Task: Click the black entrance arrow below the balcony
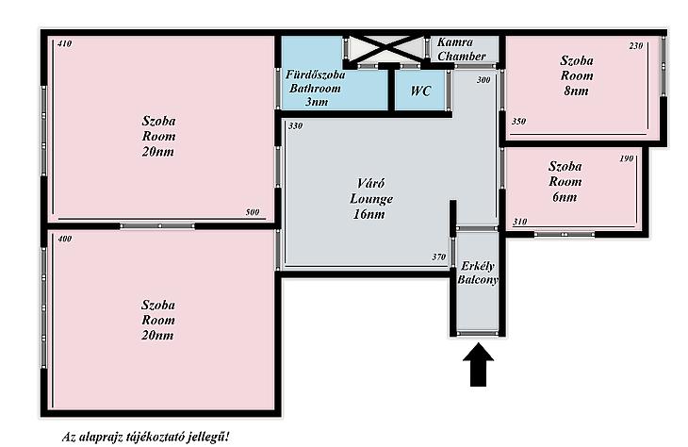478,365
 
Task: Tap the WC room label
420,91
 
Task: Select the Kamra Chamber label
461,49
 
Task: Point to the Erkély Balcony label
478,273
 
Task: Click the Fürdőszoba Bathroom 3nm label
315,88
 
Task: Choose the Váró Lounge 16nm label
370,199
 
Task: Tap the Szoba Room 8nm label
577,75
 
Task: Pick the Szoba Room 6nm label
565,181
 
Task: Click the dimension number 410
64,43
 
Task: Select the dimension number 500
253,212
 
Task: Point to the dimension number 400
64,239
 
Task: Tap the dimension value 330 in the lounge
295,126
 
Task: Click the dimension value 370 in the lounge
439,257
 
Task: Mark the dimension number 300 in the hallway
483,80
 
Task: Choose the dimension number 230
636,45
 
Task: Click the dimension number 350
518,122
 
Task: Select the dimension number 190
627,158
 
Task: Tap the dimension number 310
519,222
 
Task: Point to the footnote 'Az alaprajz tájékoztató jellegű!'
145,438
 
